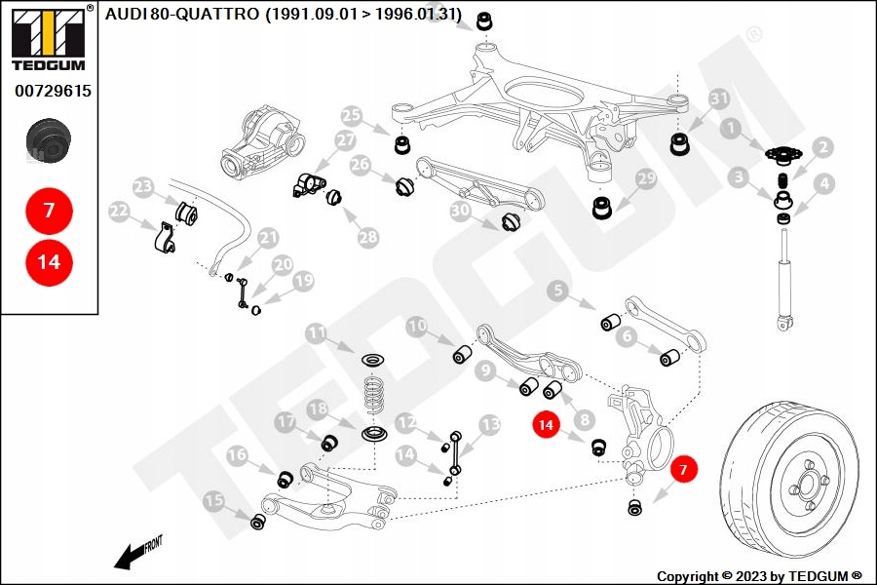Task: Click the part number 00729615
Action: point(53,91)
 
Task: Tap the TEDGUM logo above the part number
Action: point(49,38)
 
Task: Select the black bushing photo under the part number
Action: point(49,141)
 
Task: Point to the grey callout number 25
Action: point(352,116)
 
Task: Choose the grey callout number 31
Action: point(719,99)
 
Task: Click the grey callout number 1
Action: point(731,128)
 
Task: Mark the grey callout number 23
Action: point(143,186)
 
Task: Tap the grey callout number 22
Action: point(119,211)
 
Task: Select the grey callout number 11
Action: point(317,333)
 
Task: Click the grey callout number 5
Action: point(557,291)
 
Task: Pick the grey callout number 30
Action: point(460,211)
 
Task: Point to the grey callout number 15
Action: point(213,500)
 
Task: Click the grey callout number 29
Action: point(647,178)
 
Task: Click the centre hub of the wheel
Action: point(809,484)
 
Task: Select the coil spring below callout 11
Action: point(374,396)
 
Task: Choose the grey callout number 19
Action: point(304,281)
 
